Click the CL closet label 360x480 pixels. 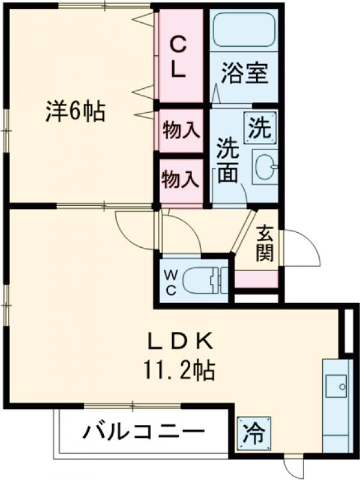177,58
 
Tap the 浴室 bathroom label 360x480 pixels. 245,73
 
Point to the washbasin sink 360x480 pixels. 266,167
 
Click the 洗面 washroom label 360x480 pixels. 227,160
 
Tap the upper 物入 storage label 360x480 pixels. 181,130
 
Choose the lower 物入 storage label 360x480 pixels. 181,179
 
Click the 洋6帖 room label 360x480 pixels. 76,111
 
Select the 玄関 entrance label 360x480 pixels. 265,244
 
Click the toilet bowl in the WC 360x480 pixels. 200,281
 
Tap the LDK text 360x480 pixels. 180,341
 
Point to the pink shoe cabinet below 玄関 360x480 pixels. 256,279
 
